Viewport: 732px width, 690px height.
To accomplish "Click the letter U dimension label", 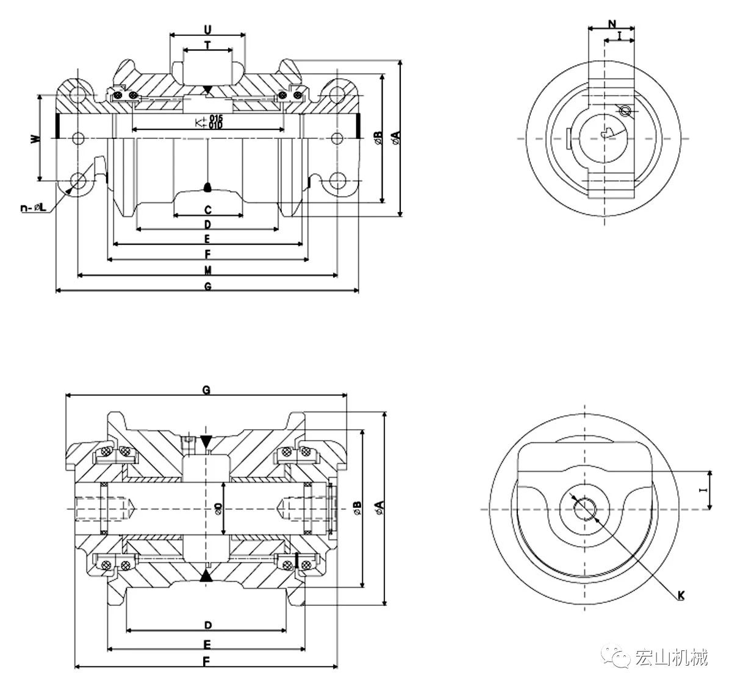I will click(207, 29).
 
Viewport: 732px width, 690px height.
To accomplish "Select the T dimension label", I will click(207, 44).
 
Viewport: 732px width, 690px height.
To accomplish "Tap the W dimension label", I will click(35, 138).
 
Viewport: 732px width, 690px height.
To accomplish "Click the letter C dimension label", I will click(207, 210).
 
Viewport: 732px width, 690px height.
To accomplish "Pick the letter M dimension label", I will click(207, 270).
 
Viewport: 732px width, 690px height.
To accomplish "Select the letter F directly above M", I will click(207, 254).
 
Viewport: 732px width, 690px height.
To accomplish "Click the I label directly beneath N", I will click(620, 37).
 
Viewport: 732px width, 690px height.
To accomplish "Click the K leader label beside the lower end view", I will click(681, 595).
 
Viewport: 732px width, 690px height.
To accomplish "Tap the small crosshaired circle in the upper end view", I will click(624, 111).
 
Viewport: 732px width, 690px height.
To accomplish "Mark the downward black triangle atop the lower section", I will click(206, 441).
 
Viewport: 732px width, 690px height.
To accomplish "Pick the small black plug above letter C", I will click(207, 187).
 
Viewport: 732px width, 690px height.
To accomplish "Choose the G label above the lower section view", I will click(206, 391).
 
